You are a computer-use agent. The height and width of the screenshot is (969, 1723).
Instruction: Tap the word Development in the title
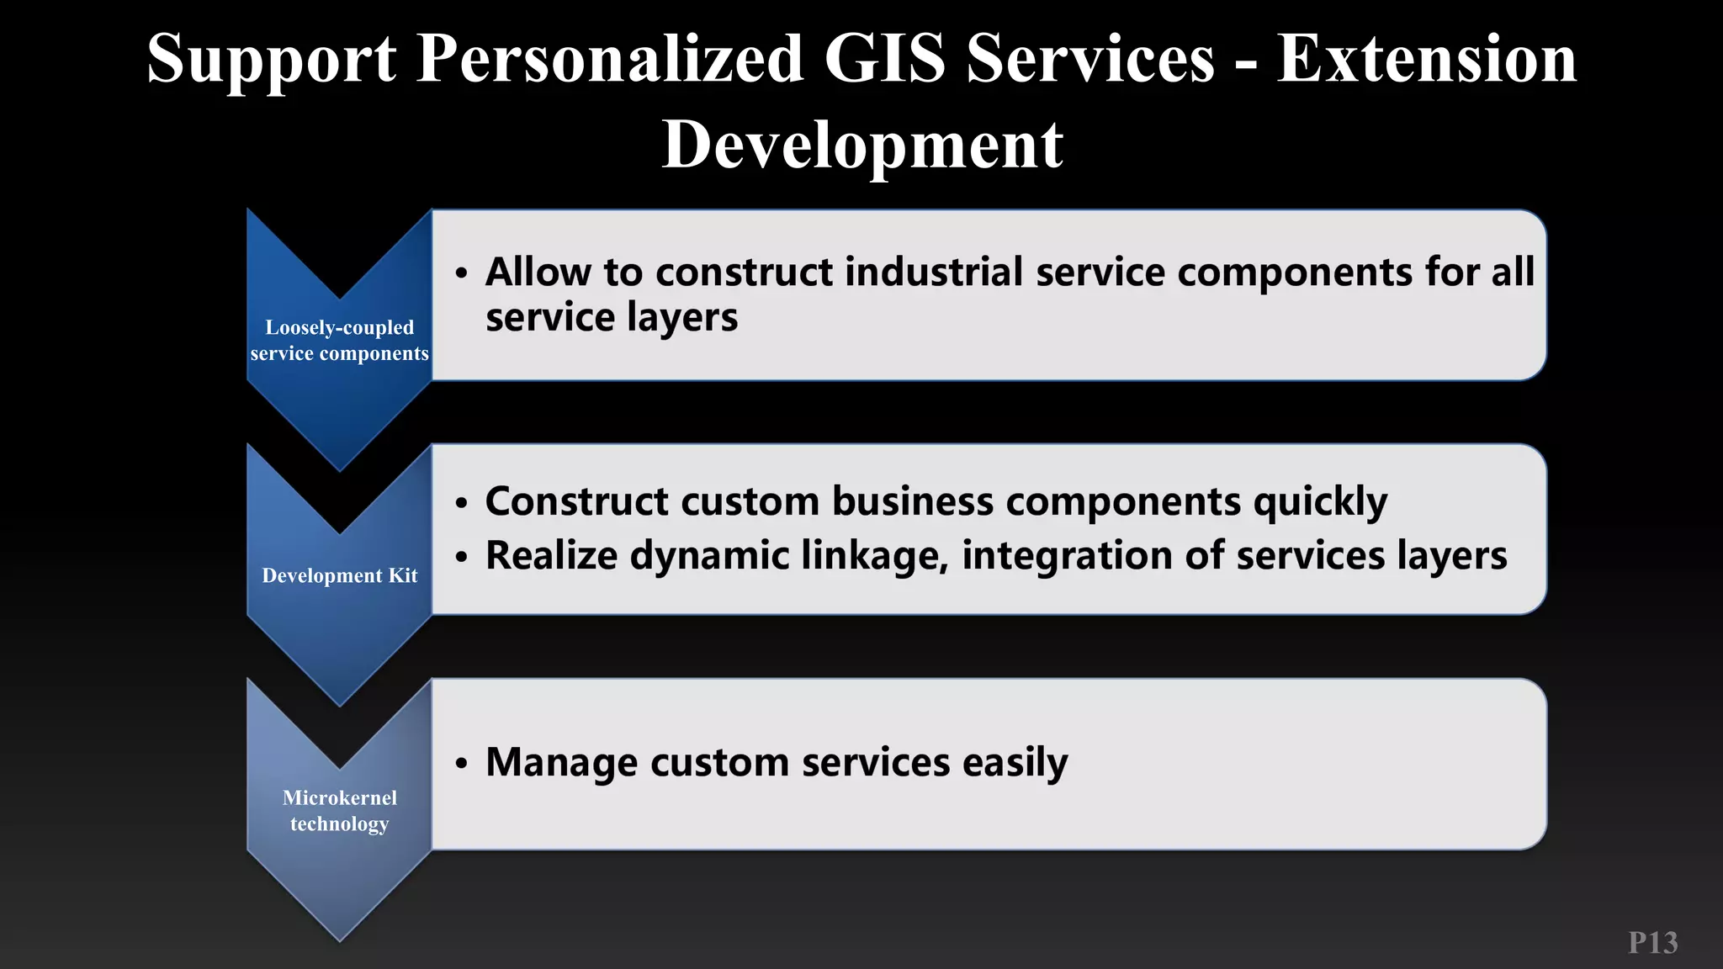(862, 145)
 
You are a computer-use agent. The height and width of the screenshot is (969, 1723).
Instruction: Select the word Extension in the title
(1426, 58)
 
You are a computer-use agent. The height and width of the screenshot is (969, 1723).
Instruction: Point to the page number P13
(1652, 943)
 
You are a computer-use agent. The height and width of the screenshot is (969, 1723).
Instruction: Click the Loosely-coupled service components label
(340, 341)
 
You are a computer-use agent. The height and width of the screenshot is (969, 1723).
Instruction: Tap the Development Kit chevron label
(340, 575)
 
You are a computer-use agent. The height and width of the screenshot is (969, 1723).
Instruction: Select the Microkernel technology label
(340, 811)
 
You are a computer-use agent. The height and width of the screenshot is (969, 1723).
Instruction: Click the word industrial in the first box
(935, 272)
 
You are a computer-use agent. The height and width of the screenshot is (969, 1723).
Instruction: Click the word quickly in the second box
(1320, 501)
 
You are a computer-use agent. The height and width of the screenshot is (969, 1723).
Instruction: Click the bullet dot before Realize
(461, 557)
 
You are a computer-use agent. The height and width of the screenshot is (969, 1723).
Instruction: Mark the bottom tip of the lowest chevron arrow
(340, 940)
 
